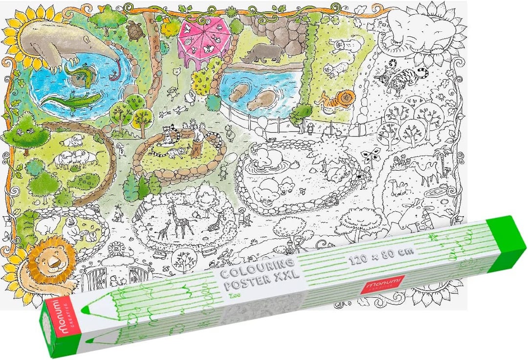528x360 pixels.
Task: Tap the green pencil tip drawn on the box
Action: click(x=84, y=310)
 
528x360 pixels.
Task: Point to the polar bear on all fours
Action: click(x=47, y=225)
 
